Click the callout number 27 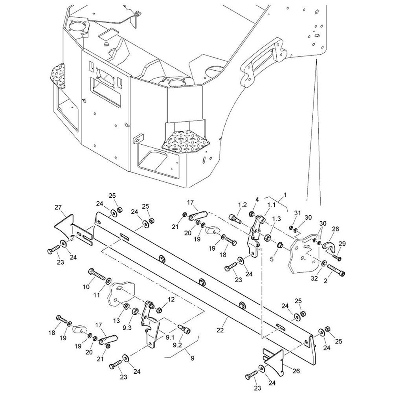pyautogui.click(x=58, y=207)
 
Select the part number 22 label pyautogui.click(x=220, y=330)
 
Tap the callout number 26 pyautogui.click(x=296, y=371)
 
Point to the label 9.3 pyautogui.click(x=127, y=328)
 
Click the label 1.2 pyautogui.click(x=242, y=205)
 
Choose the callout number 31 pyautogui.click(x=297, y=213)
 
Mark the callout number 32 pyautogui.click(x=314, y=278)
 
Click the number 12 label pyautogui.click(x=171, y=299)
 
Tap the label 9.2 pyautogui.click(x=177, y=345)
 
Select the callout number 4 pyautogui.click(x=257, y=200)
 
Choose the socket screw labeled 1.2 pyautogui.click(x=235, y=218)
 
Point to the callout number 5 pyautogui.click(x=272, y=259)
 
